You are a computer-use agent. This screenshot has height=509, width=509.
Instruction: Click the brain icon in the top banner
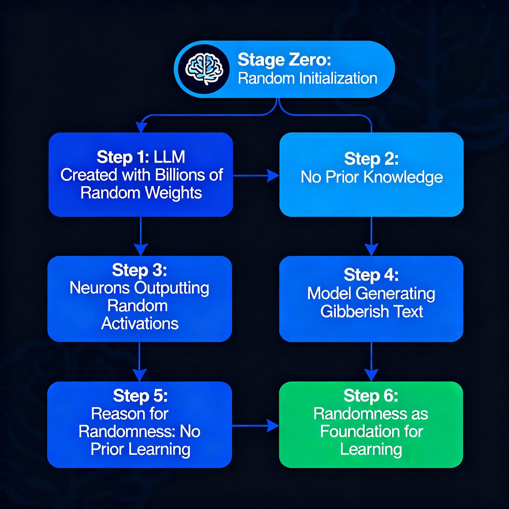point(204,69)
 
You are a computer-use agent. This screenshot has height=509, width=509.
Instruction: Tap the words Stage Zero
point(284,60)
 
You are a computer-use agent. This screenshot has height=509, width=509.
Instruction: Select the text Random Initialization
point(308,79)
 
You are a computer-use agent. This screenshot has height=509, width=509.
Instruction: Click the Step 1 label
point(123,157)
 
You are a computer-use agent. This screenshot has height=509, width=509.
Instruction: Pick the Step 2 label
point(371,159)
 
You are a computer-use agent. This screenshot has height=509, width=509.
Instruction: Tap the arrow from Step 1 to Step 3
point(141,236)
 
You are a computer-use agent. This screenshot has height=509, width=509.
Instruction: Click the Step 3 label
point(140,270)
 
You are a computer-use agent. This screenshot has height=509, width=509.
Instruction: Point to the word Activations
point(140,323)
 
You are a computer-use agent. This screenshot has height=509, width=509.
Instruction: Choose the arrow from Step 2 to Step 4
point(371,236)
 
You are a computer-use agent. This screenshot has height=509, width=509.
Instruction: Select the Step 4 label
point(371,274)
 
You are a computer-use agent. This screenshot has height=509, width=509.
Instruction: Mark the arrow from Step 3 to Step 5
point(140,361)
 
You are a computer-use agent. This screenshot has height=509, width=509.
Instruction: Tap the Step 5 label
point(140,396)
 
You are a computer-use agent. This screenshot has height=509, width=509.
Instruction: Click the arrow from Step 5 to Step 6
point(255,425)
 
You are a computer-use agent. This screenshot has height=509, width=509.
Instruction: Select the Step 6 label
point(371,396)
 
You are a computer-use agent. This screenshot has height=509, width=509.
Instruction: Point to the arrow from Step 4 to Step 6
point(371,361)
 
